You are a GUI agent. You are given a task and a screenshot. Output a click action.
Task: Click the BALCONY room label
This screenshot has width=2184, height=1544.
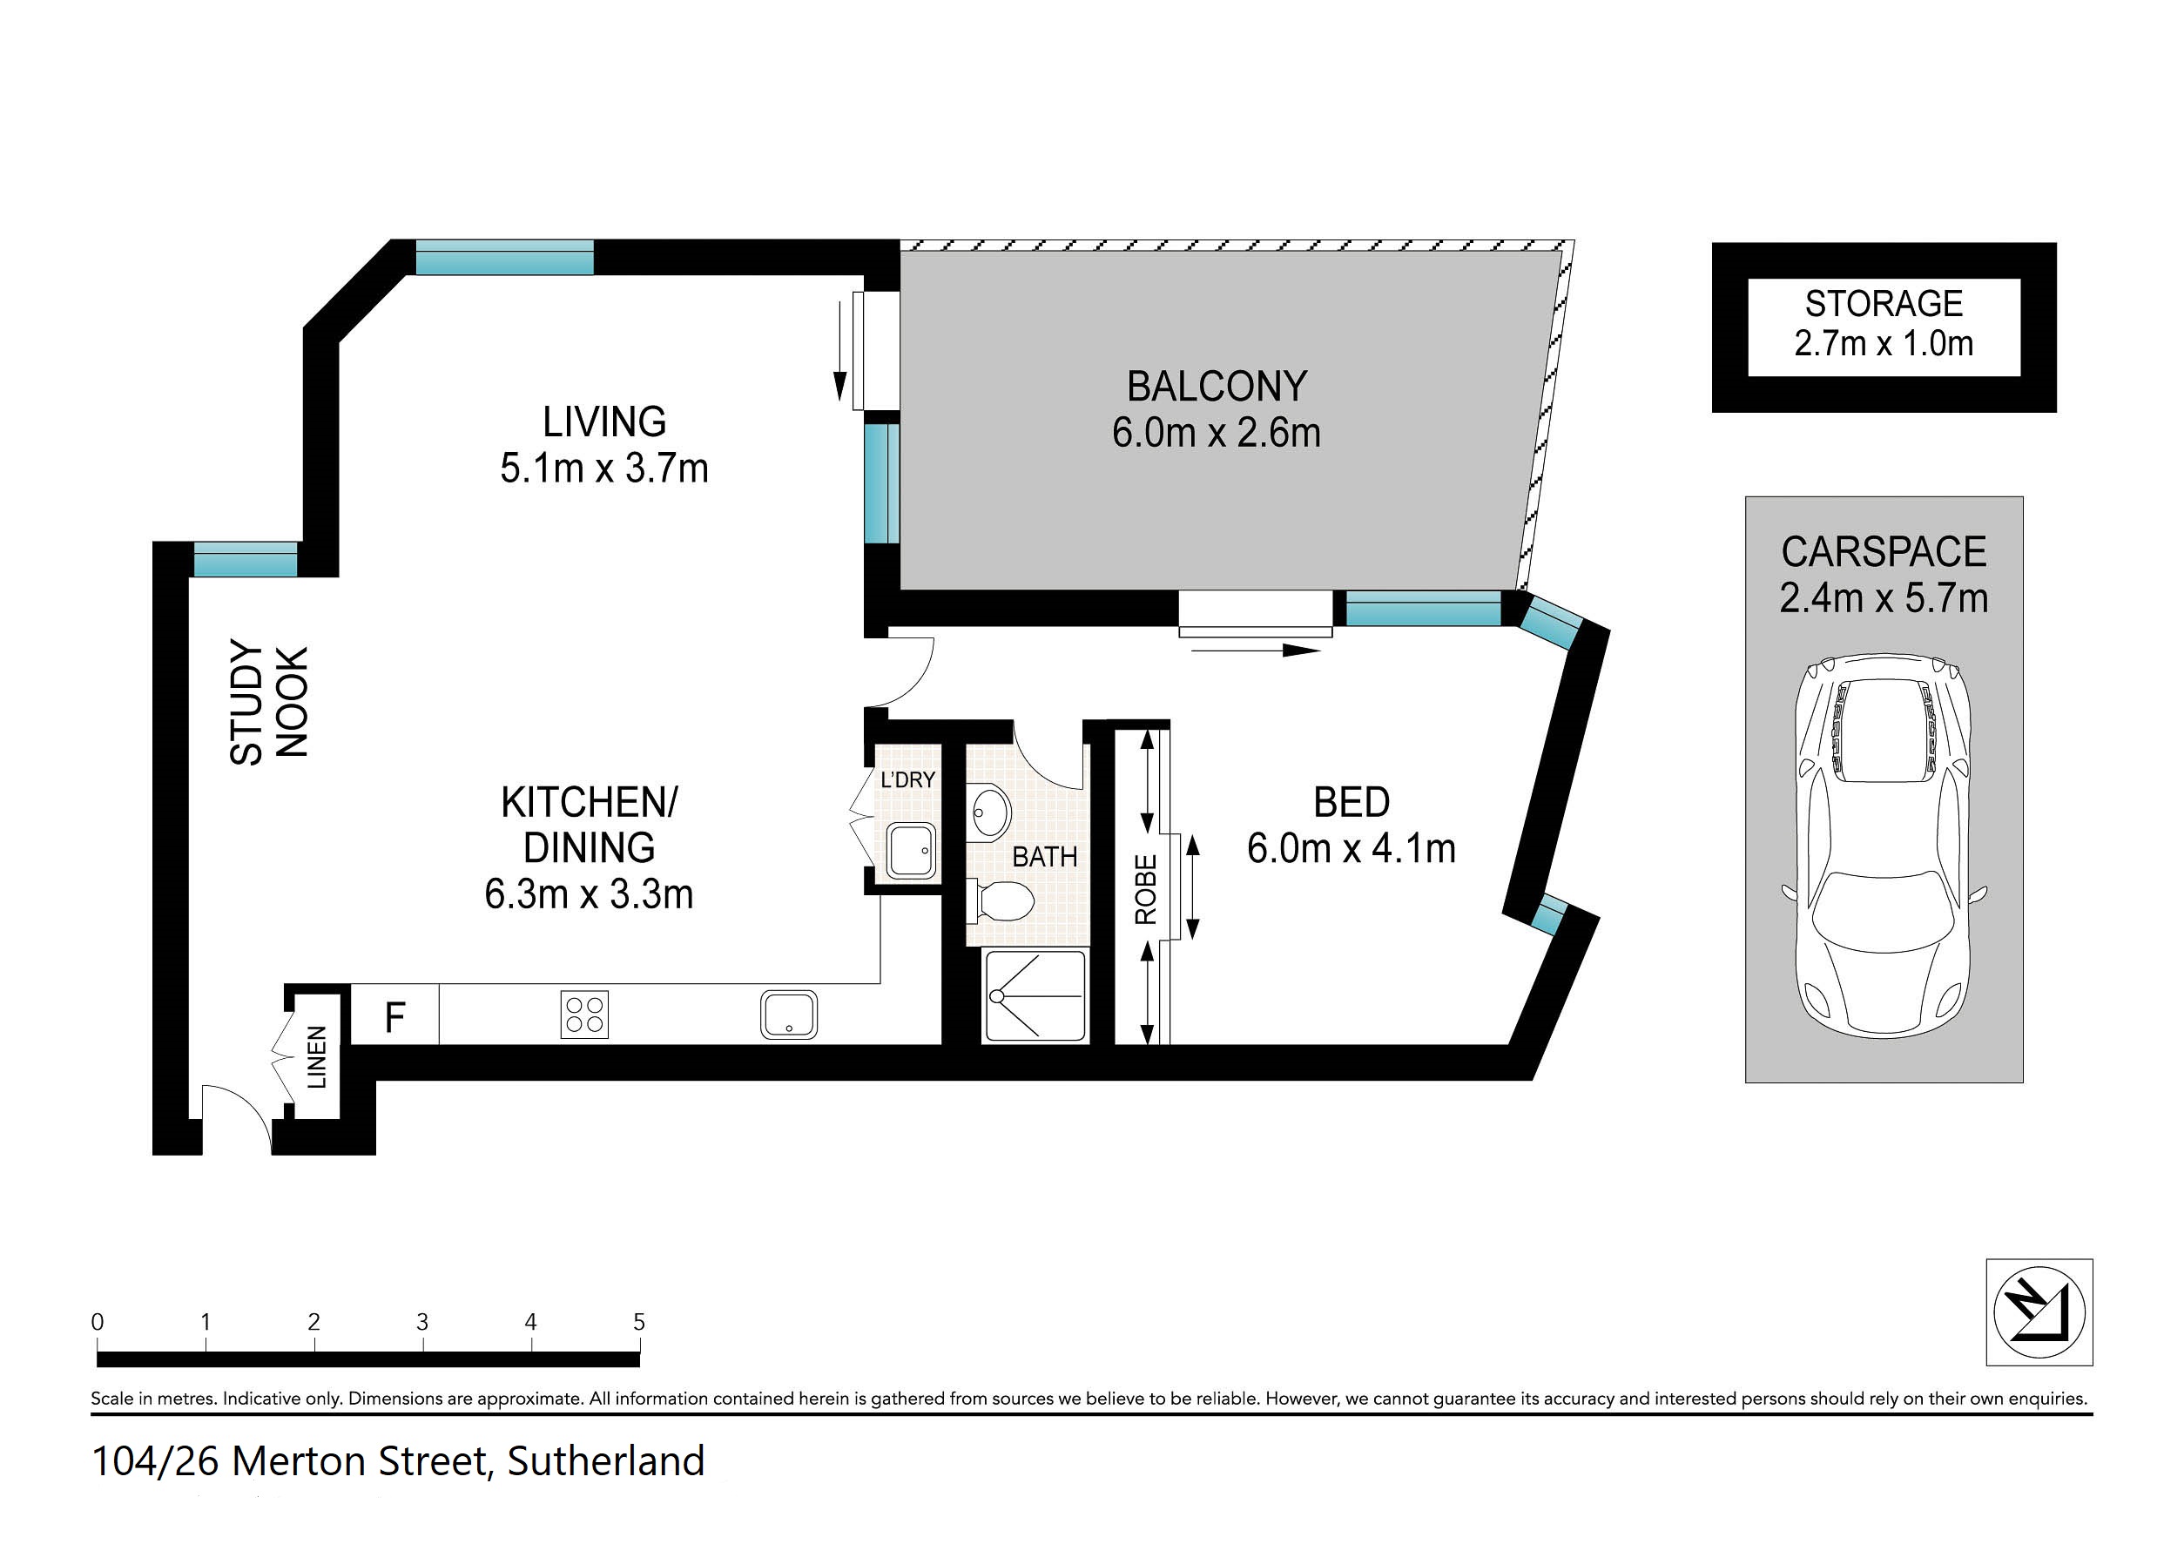1217,388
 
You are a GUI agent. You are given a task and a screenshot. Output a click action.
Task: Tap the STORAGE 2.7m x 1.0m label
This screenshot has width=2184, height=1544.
1884,323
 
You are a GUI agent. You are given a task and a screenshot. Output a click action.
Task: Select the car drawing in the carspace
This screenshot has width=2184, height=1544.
1884,846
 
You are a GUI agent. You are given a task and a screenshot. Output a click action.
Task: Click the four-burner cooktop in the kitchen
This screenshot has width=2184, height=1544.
584,1015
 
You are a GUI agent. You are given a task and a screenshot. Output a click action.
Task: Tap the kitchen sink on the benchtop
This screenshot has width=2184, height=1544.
789,1015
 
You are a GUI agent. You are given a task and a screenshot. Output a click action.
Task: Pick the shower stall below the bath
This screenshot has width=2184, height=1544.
1035,995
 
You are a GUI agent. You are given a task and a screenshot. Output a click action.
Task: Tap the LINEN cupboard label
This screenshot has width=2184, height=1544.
317,1057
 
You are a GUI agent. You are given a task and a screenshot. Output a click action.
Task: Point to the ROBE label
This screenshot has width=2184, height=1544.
1145,889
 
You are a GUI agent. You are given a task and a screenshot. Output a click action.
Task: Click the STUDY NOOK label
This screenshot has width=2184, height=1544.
269,702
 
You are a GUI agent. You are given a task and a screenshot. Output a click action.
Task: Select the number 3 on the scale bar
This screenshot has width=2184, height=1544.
422,1321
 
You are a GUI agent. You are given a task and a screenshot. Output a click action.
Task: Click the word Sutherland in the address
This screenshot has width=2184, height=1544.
606,1461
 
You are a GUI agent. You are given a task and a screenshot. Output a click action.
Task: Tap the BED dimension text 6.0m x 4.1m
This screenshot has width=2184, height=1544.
1351,848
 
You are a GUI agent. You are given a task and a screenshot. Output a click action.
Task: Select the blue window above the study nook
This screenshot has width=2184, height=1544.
246,559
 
